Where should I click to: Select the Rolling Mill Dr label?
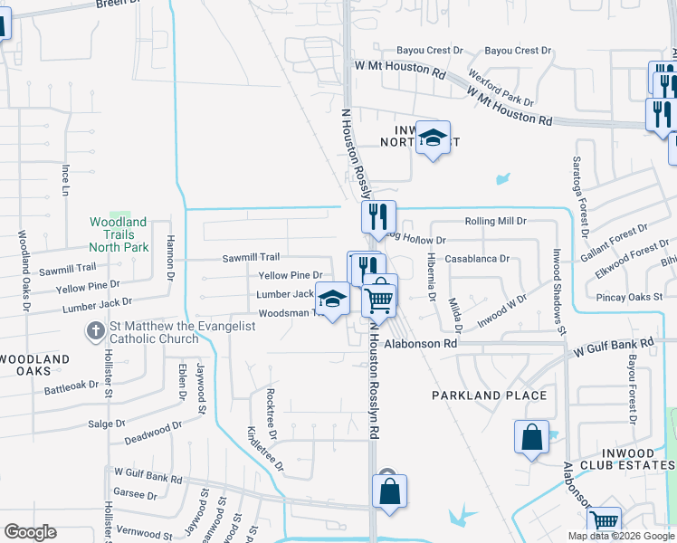pos(495,221)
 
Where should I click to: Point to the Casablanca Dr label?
pos(477,258)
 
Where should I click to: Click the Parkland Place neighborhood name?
pos(489,395)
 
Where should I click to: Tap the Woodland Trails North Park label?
pos(119,234)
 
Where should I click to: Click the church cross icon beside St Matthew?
pos(95,331)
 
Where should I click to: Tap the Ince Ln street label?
pos(65,180)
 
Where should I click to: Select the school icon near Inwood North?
pos(434,138)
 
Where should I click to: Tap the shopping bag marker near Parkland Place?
pos(531,437)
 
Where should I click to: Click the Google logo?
pos(30,532)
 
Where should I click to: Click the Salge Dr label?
pos(107,424)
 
